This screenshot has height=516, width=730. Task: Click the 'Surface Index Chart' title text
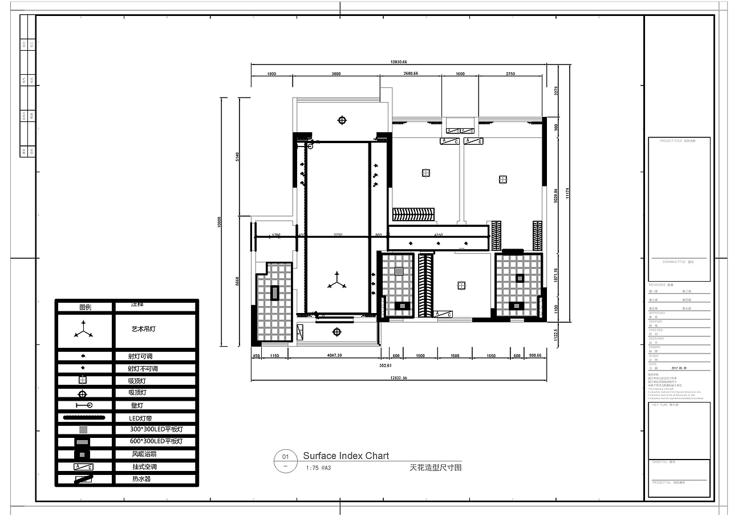coord(346,456)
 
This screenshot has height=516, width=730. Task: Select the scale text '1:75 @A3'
coord(318,468)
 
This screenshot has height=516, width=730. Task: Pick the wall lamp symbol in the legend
coord(84,405)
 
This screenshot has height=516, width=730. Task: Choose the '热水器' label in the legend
coord(141,479)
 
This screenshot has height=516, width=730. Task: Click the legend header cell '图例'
coord(85,307)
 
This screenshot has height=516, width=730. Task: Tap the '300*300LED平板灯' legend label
coord(155,429)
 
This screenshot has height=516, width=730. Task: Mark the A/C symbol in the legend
coord(83,467)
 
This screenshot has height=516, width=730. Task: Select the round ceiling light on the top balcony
coord(342,120)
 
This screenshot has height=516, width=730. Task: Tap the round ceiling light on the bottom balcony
coord(336,331)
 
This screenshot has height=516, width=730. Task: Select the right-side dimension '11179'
coord(568,194)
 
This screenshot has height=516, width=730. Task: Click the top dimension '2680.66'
coord(410,74)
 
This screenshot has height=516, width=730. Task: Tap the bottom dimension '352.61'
coord(386,365)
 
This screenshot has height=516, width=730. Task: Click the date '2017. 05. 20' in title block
coord(679,368)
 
